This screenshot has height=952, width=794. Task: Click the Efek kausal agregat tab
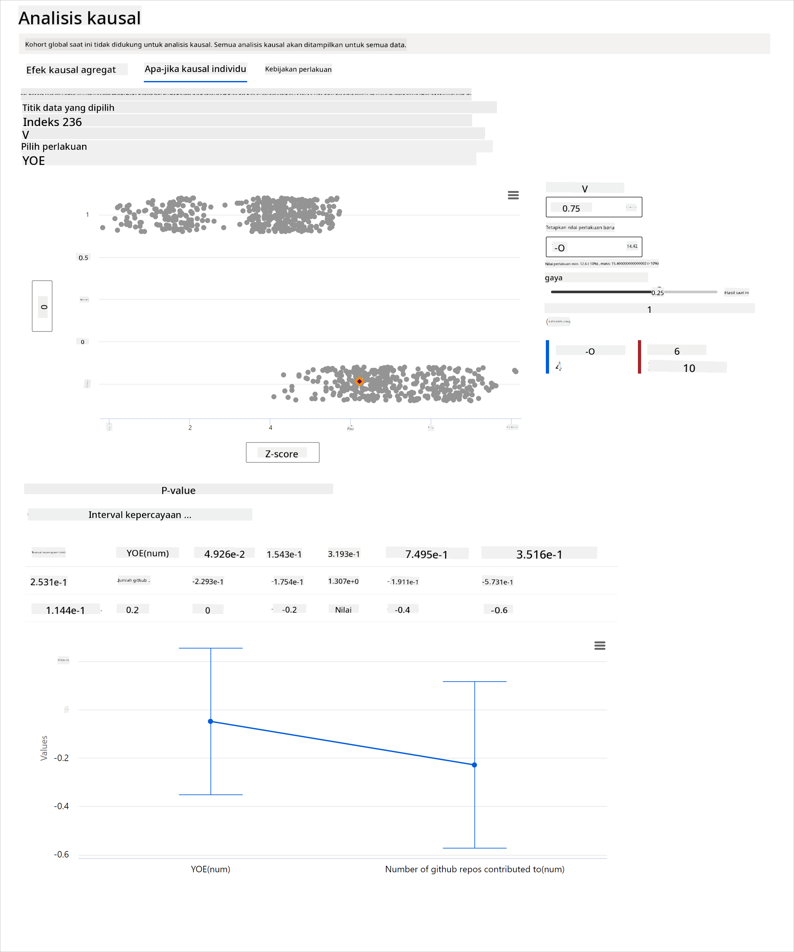71,70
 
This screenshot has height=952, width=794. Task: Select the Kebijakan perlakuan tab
298,69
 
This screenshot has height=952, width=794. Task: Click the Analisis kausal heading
79,18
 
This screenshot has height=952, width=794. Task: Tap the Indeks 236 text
52,122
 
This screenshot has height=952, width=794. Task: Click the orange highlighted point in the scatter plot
359,382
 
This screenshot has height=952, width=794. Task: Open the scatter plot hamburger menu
513,195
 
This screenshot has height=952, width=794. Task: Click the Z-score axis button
282,453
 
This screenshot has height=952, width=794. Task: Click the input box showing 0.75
593,208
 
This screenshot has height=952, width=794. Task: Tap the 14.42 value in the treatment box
631,247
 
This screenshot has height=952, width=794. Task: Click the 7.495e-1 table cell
426,554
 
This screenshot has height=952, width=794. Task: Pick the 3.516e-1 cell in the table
539,554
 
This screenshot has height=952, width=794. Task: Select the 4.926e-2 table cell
224,554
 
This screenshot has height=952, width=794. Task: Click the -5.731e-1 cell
497,582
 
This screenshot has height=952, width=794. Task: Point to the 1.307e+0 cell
343,581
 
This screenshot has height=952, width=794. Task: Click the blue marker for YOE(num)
210,721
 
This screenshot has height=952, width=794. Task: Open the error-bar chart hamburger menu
599,646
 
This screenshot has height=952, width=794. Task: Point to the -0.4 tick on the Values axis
61,806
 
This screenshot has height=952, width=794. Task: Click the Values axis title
44,748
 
